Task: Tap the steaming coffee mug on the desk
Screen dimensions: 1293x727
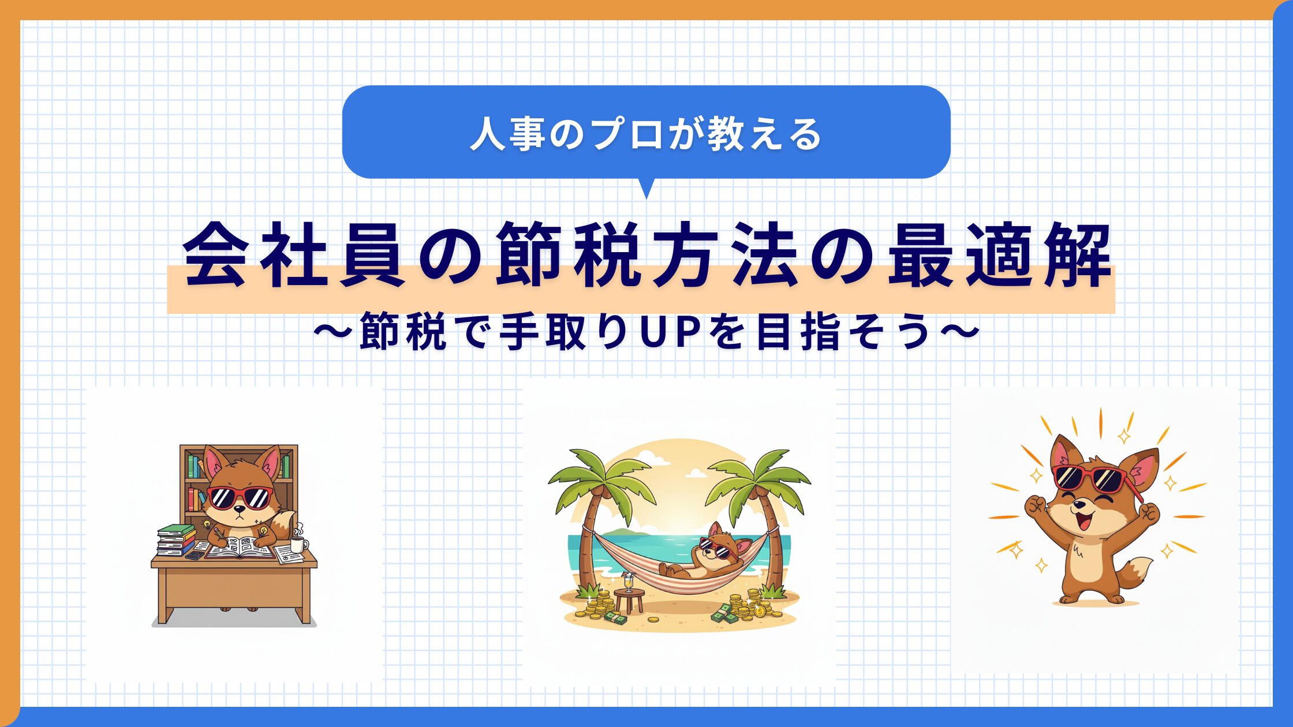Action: pos(298,543)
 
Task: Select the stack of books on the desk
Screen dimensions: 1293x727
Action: pos(177,539)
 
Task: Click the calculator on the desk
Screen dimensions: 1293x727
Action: pos(195,554)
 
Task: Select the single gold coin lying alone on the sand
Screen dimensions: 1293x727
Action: pos(653,620)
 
